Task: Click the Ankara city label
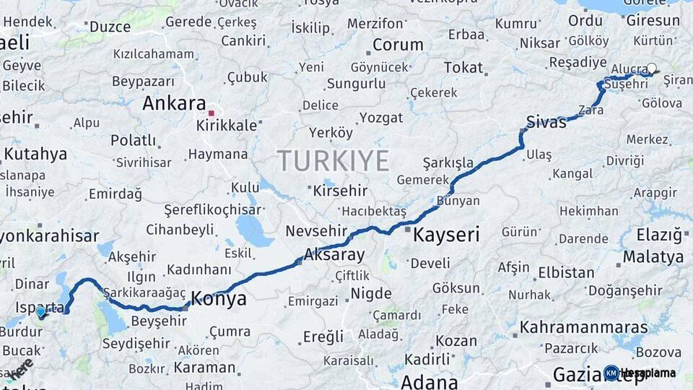(174, 103)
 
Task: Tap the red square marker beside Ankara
(211, 113)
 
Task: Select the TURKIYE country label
(333, 160)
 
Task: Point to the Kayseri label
(446, 234)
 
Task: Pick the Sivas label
(546, 122)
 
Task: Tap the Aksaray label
(334, 254)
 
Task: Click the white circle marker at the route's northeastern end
(652, 69)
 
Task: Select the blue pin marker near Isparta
(40, 312)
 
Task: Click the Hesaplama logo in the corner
(641, 373)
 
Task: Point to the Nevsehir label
(318, 231)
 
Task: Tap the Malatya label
(653, 256)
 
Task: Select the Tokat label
(463, 67)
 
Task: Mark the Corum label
(398, 45)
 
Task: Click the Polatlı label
(133, 140)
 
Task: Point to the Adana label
(429, 381)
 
